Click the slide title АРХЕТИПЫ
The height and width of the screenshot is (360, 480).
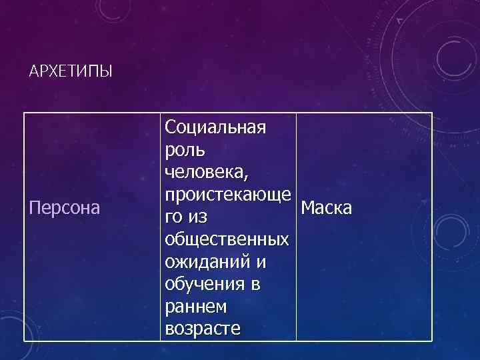click(71, 70)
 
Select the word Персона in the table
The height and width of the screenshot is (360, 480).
click(65, 209)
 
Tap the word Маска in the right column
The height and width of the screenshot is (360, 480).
click(326, 209)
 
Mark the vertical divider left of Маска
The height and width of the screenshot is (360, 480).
click(295, 227)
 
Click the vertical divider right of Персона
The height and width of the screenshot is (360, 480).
click(160, 227)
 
